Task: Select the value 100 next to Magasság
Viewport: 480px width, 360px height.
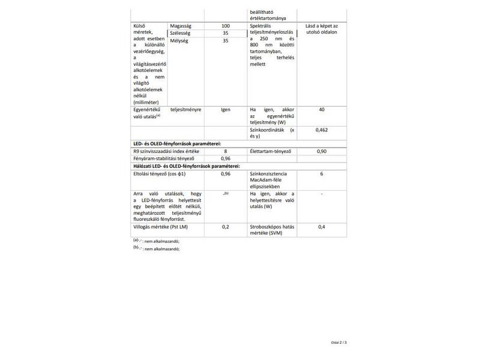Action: pos(226,26)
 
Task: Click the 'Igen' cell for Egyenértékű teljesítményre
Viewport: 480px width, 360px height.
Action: pos(226,110)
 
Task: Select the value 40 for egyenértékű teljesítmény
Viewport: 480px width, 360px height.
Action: pos(322,110)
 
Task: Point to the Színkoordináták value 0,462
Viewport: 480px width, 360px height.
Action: pos(322,130)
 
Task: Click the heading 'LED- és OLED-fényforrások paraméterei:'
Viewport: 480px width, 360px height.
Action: pos(177,144)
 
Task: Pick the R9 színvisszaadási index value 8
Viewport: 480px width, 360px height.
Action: pos(226,151)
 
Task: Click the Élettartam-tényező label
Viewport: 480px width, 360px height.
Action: pos(271,151)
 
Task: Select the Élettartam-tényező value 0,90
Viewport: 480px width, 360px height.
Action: pos(322,151)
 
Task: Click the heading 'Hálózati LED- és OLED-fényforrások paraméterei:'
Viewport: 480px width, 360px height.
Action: pos(187,166)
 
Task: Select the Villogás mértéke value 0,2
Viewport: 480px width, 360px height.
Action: pos(226,227)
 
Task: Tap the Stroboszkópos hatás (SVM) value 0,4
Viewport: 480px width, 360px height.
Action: pos(322,227)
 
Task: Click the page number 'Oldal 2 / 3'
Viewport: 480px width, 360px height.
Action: pos(339,342)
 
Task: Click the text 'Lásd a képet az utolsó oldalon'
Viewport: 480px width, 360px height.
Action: pos(322,29)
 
